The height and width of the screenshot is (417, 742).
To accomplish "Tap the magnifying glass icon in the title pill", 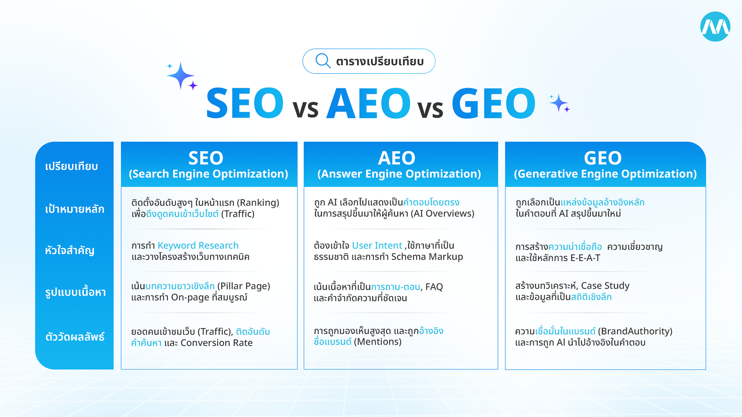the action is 323,61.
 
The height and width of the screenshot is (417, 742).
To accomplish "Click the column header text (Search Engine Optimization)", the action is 208,174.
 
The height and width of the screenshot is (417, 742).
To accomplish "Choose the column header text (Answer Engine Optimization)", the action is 399,174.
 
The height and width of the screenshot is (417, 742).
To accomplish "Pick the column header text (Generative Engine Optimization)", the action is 605,174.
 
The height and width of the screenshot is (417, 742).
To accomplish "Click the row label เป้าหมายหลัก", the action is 75,209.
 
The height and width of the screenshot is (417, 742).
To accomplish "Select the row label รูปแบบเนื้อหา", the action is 76,292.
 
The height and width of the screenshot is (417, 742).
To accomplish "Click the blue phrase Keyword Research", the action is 198,246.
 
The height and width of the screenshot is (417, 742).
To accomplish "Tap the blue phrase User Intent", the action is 377,246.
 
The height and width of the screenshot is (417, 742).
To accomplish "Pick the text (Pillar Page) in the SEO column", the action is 244,286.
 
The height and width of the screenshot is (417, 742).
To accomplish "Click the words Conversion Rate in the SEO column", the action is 217,343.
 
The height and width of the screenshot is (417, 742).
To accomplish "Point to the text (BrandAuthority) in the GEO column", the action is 635,331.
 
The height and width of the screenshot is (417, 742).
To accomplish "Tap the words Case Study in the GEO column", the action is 605,286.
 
